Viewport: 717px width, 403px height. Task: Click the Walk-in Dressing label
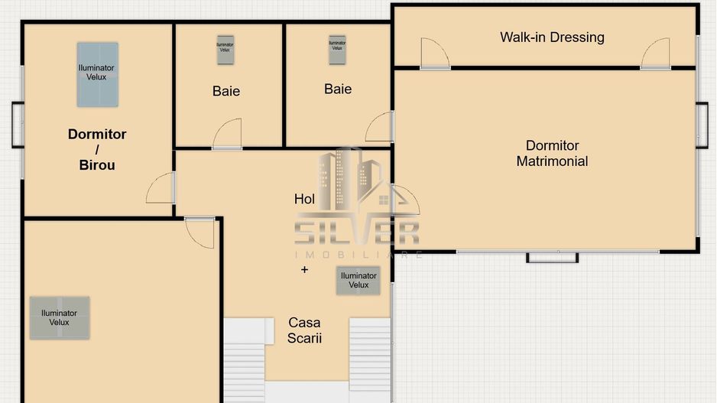(552, 37)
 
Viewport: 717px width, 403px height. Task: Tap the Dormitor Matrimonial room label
(552, 153)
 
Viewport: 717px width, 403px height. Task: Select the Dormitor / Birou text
(97, 149)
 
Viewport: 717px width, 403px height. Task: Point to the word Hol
(304, 199)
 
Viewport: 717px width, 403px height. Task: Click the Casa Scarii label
(304, 330)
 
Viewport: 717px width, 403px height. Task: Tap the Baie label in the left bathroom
(225, 91)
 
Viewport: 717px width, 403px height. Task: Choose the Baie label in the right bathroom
(338, 89)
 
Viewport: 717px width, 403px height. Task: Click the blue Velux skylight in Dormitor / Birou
(97, 74)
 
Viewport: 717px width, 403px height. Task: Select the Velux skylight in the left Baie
(225, 49)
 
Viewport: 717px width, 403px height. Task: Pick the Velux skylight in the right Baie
(337, 49)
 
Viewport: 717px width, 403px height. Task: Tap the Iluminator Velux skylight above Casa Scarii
(358, 280)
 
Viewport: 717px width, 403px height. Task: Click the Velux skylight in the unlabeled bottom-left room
(60, 317)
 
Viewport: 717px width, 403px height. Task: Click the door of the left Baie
(228, 134)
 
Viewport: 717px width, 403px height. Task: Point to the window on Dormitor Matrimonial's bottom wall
(552, 256)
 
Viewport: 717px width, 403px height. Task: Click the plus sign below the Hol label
(304, 269)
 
